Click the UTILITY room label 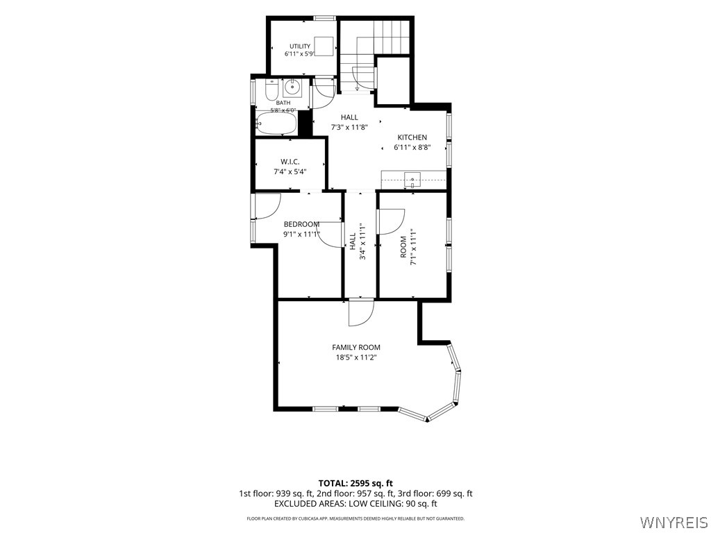(x=300, y=46)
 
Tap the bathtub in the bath (x=276, y=124)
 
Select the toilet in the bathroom (x=271, y=90)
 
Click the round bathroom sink (x=293, y=85)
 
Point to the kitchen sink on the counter (x=412, y=180)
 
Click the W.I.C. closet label (x=290, y=162)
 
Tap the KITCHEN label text (x=412, y=137)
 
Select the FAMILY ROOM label (x=356, y=348)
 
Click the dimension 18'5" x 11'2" (x=356, y=357)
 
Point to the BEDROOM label (x=301, y=224)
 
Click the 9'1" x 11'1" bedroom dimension (x=302, y=235)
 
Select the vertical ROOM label (x=403, y=247)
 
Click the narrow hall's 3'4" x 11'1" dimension (x=362, y=241)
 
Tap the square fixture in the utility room (x=325, y=46)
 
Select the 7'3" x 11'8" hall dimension (x=349, y=128)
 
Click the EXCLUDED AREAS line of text (x=355, y=504)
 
